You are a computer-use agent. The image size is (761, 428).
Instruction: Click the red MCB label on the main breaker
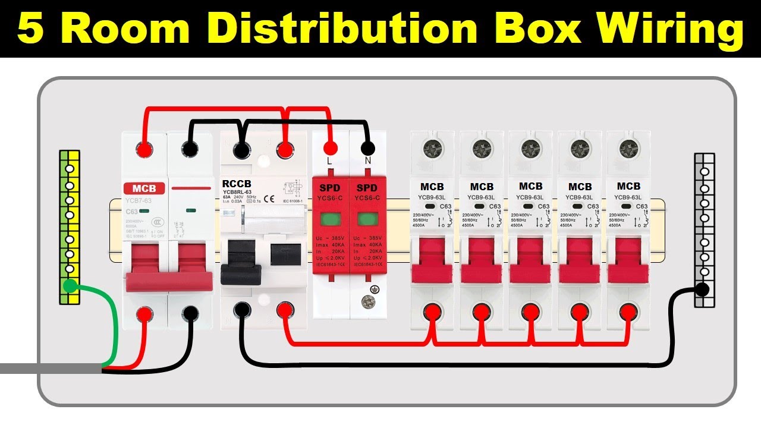144,188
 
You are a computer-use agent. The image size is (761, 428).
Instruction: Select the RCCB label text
237,183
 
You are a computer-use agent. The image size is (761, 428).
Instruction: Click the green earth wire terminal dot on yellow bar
70,287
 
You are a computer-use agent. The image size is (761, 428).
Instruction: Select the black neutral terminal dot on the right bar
702,289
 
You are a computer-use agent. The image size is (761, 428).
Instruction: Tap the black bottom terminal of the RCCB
241,309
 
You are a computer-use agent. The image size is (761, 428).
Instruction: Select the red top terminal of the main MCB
144,149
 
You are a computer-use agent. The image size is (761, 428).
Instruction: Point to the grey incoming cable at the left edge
48,369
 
